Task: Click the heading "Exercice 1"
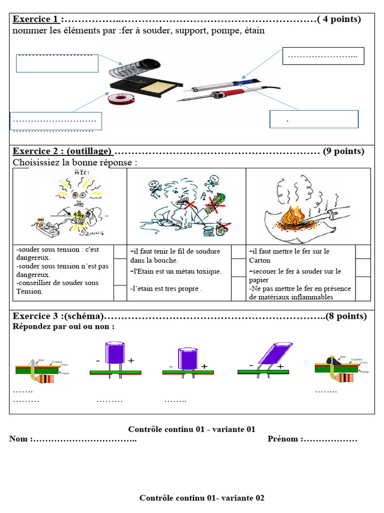point(35,20)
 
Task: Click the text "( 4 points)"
point(339,20)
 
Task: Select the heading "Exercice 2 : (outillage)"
point(62,151)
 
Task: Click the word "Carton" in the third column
point(259,261)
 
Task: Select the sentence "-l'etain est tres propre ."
point(165,289)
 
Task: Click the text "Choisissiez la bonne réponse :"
point(74,163)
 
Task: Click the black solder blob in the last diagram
point(331,359)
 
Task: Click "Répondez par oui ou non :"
point(63,326)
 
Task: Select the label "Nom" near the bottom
point(19,439)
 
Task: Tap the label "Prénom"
point(283,439)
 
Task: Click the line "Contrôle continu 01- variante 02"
point(201,497)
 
